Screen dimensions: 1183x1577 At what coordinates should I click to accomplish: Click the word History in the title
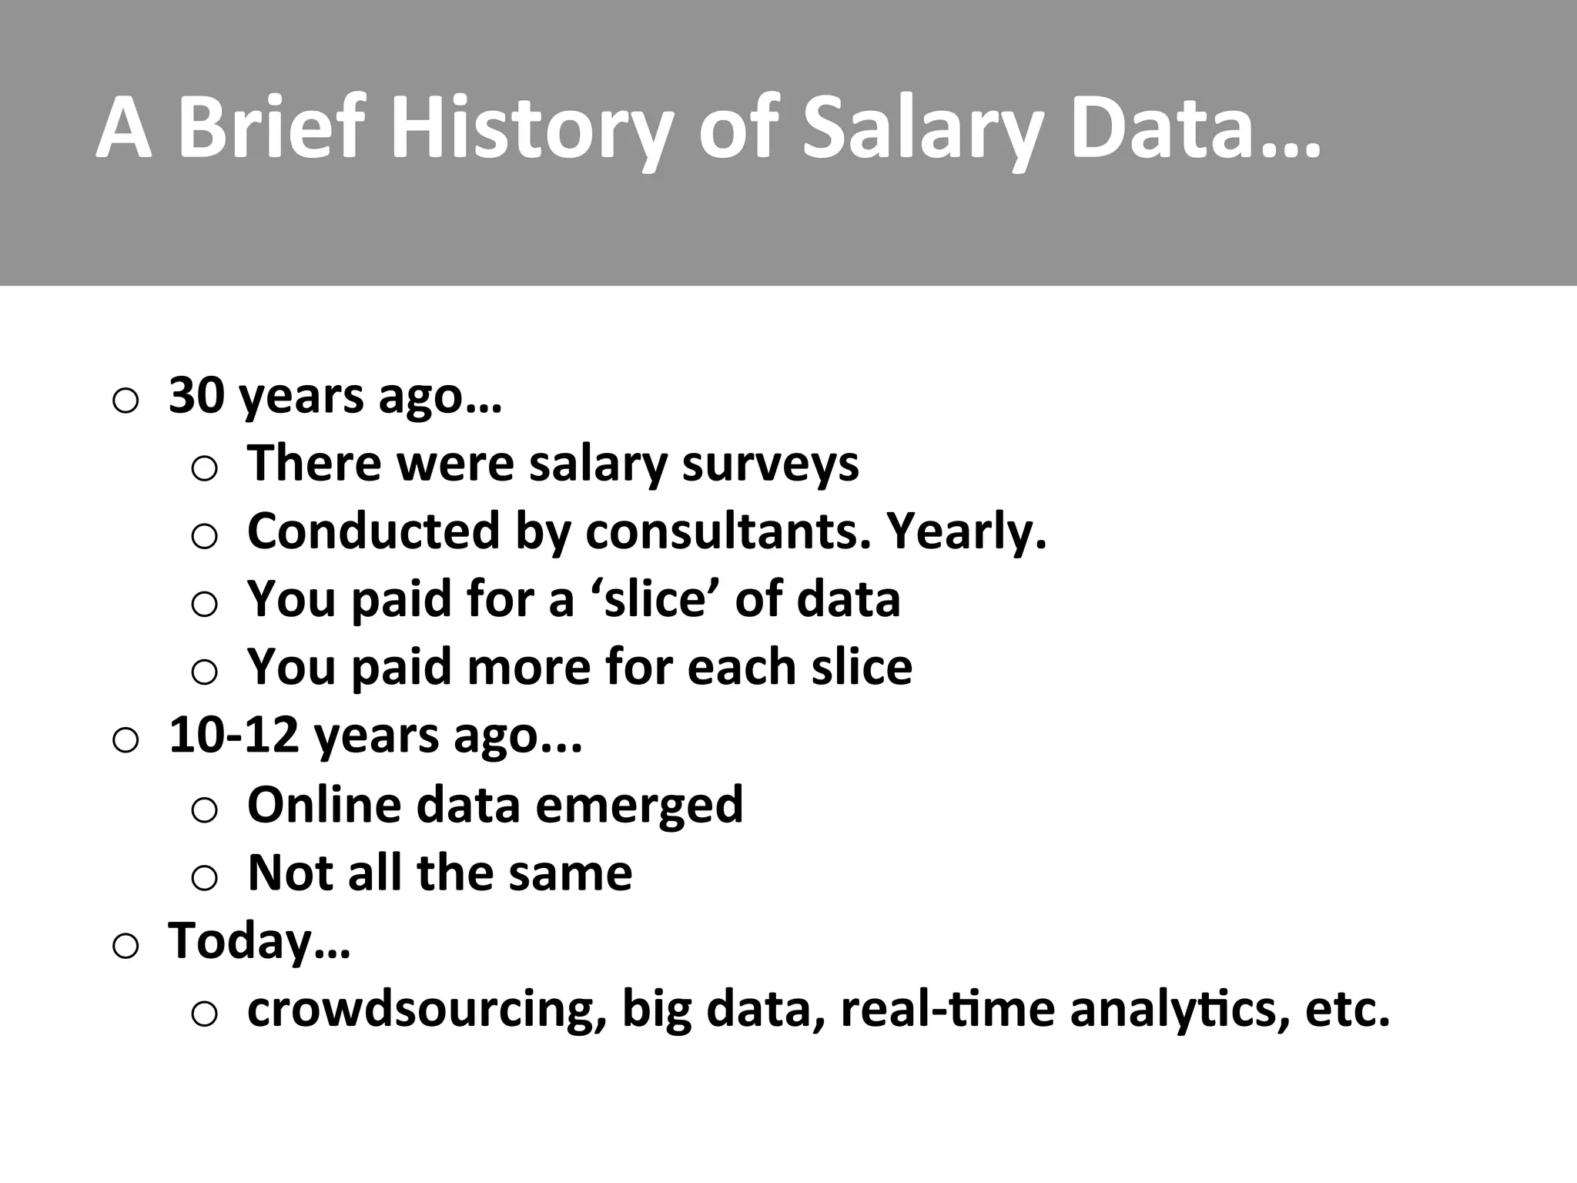pyautogui.click(x=531, y=128)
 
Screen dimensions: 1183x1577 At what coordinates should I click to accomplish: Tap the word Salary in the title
pyautogui.click(x=920, y=128)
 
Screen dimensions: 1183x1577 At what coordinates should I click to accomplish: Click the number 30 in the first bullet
pyautogui.click(x=196, y=396)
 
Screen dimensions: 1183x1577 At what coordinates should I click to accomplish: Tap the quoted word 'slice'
pyautogui.click(x=657, y=599)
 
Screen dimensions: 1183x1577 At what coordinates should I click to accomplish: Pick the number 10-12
pyautogui.click(x=233, y=735)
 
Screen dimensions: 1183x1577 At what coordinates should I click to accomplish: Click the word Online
pyautogui.click(x=324, y=804)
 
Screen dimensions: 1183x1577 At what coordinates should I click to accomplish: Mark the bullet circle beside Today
pyautogui.click(x=126, y=946)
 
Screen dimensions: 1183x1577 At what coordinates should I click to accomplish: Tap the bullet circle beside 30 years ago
pyautogui.click(x=126, y=400)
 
